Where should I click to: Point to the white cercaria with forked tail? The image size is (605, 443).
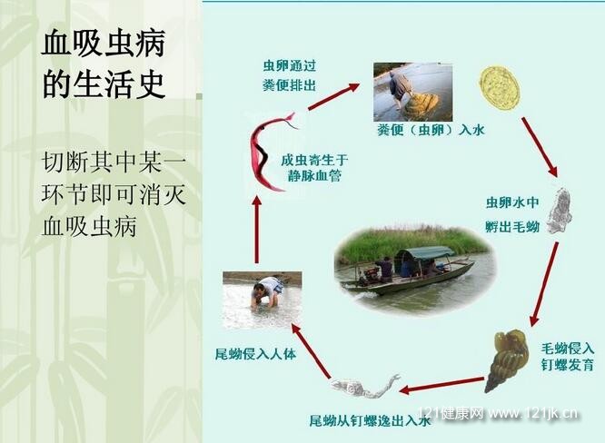[364, 387]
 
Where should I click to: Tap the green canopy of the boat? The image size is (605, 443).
[425, 252]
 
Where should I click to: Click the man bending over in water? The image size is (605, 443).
[267, 292]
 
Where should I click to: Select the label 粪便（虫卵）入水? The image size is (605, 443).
[431, 130]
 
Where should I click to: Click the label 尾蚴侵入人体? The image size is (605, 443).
[255, 353]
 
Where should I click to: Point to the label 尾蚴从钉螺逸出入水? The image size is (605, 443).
[370, 420]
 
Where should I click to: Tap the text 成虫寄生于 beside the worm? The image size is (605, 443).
[314, 160]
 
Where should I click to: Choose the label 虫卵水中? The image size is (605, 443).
[512, 202]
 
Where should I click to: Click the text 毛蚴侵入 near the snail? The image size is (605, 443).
[567, 348]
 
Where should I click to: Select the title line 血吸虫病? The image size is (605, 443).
[104, 44]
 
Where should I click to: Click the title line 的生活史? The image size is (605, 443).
[104, 83]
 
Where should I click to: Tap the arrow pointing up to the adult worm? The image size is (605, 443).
[257, 231]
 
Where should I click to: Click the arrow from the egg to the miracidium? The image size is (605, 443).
[541, 147]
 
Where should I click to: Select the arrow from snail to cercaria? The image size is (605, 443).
[442, 386]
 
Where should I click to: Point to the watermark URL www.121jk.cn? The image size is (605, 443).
[532, 413]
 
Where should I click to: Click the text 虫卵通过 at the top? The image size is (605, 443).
[290, 65]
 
